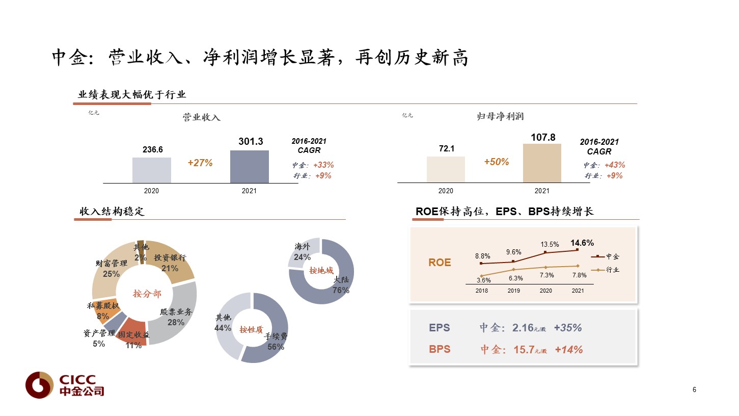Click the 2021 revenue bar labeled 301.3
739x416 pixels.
pos(249,167)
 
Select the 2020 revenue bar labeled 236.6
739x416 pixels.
pos(151,170)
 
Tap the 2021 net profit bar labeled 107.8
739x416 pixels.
pos(542,163)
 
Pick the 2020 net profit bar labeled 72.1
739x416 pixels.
pos(446,169)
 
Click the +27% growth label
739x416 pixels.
pos(200,163)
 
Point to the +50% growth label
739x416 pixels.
pos(496,162)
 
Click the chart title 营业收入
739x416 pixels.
pos(201,117)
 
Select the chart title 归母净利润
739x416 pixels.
pos(497,117)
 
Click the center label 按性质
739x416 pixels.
pos(252,329)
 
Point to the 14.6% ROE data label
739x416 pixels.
pos(582,243)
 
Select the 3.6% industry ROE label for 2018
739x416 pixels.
pos(483,280)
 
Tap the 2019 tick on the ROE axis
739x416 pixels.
pos(513,291)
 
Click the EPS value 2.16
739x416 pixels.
pos(523,328)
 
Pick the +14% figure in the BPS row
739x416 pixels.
pos(569,350)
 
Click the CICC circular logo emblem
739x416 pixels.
pos(40,385)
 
